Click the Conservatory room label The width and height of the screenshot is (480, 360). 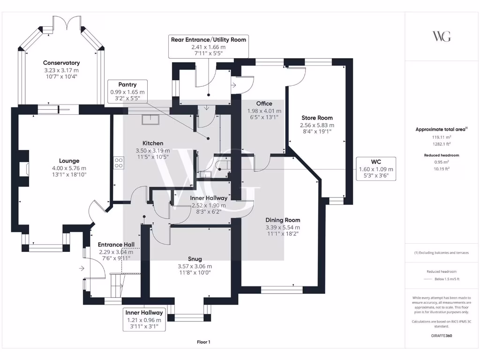pyautogui.click(x=61, y=63)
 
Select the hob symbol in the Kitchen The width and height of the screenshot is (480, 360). pyautogui.click(x=119, y=163)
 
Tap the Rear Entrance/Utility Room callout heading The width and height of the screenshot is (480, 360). pyautogui.click(x=209, y=40)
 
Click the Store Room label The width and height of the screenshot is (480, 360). pyautogui.click(x=317, y=118)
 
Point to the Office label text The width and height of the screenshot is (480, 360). pyautogui.click(x=264, y=104)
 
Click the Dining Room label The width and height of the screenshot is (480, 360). pyautogui.click(x=283, y=220)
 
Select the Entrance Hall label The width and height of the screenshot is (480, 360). pyautogui.click(x=116, y=245)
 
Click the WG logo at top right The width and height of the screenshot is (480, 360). pyautogui.click(x=442, y=36)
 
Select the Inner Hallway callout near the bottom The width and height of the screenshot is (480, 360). pyautogui.click(x=144, y=319)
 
